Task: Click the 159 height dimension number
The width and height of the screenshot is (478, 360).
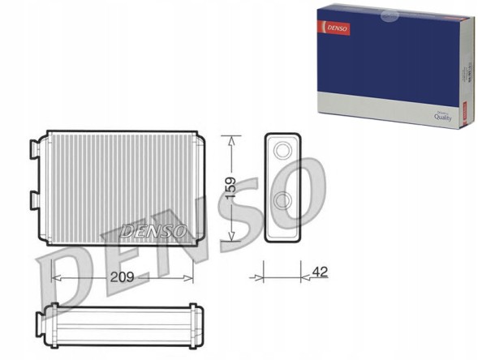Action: (231, 190)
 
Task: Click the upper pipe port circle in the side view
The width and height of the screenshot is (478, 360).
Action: (282, 150)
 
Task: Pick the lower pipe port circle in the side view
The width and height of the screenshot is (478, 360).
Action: (282, 201)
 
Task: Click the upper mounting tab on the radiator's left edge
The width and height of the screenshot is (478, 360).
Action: (35, 150)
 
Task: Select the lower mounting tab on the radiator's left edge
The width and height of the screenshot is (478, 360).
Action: (35, 199)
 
